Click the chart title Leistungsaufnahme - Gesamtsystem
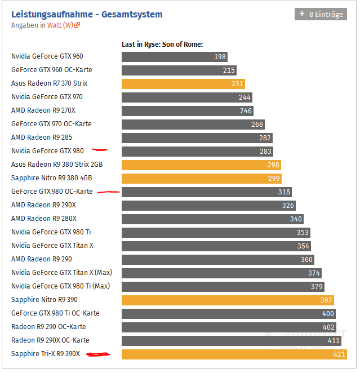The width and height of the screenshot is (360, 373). (x=87, y=14)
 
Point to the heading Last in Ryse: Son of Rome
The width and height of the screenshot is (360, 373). (x=162, y=45)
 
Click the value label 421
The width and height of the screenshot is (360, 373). (x=339, y=354)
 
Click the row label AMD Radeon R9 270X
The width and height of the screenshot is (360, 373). (x=43, y=110)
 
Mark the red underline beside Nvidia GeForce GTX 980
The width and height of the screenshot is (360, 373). (x=100, y=150)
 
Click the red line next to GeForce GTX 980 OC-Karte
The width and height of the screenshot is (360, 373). (x=108, y=192)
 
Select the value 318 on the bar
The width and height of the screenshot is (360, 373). (x=285, y=192)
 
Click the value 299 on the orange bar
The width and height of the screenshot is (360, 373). (x=274, y=179)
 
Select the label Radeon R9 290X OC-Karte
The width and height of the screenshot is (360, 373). (x=50, y=340)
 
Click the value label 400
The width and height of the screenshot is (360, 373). (x=328, y=314)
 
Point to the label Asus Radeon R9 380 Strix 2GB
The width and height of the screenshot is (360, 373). (x=57, y=165)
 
